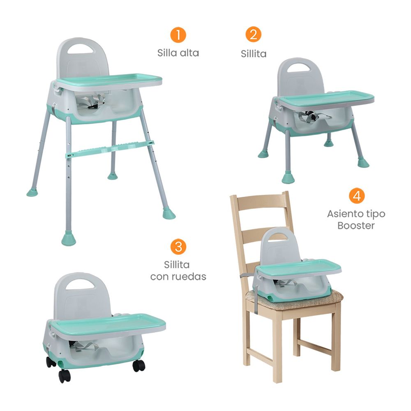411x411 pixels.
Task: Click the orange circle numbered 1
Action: click(178, 35)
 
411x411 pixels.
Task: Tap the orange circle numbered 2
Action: click(253, 35)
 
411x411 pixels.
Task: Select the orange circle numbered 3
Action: click(178, 246)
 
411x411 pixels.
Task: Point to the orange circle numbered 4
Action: click(357, 196)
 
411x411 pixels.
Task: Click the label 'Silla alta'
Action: click(178, 53)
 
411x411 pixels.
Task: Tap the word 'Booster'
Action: click(356, 225)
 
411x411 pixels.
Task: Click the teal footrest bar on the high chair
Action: click(110, 150)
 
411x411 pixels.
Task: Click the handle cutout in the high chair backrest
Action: click(81, 48)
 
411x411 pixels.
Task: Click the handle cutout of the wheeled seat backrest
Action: click(80, 284)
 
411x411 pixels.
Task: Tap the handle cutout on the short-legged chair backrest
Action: click(298, 68)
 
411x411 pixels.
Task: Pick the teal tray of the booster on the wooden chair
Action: click(298, 268)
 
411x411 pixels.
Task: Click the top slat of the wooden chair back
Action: click(259, 202)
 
